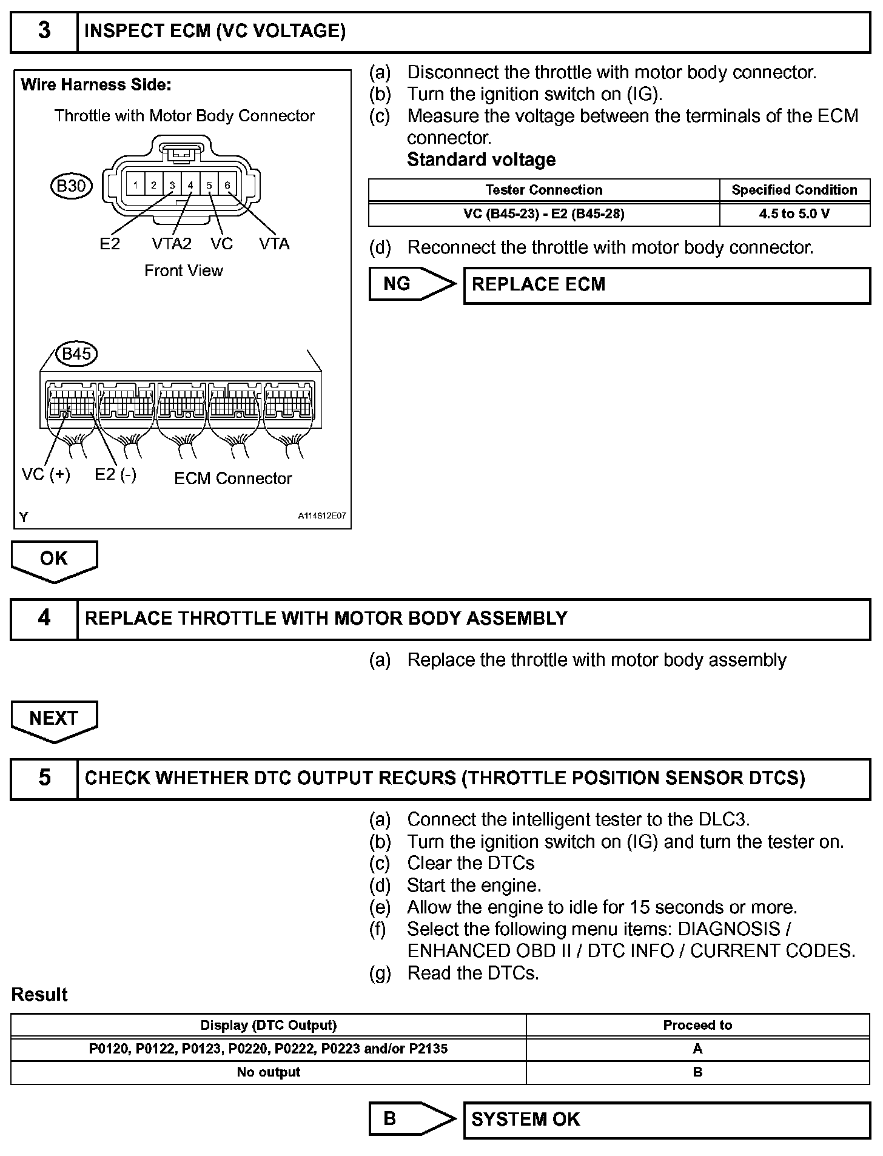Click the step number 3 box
[x=44, y=31]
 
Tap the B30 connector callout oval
[x=71, y=186]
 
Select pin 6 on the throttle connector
[x=227, y=185]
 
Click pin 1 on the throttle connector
[x=135, y=185]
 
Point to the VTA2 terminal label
[x=171, y=244]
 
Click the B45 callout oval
[x=76, y=354]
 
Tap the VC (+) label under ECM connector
[x=46, y=474]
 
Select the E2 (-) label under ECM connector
[x=115, y=474]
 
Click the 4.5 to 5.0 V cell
[x=794, y=214]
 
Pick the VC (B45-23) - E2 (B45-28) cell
[x=543, y=214]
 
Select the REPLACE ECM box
[x=666, y=285]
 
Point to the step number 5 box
[x=44, y=778]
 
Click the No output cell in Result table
[x=268, y=1072]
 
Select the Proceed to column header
[x=697, y=1025]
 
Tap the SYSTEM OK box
[x=666, y=1119]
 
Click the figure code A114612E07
[x=321, y=516]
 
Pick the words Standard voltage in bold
[x=481, y=160]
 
